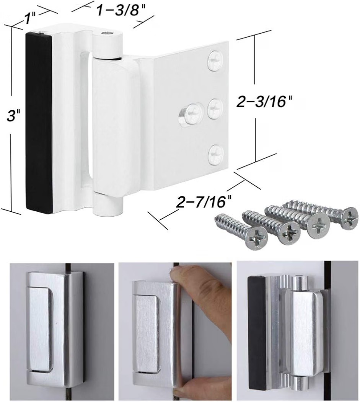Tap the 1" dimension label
(x=30, y=18)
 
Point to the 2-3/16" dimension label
(x=264, y=102)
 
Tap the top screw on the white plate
(x=215, y=61)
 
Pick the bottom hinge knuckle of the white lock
(x=107, y=203)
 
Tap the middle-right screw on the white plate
(x=215, y=109)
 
